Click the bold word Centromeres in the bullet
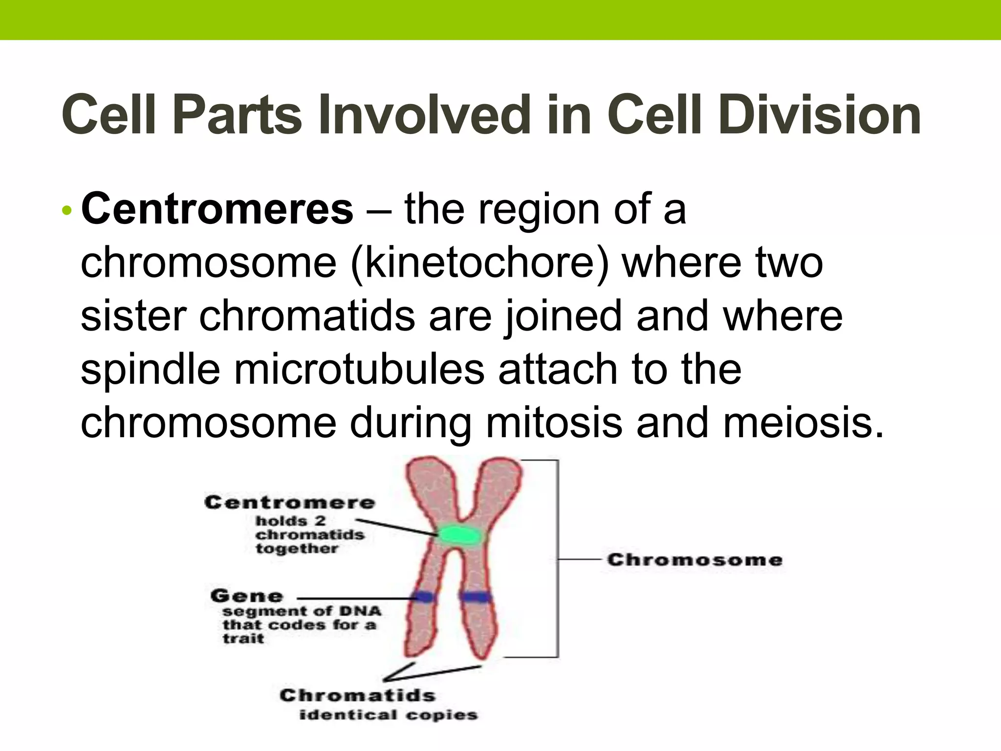pyautogui.click(x=217, y=209)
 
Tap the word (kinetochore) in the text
pyautogui.click(x=480, y=263)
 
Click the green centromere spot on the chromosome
pyautogui.click(x=458, y=536)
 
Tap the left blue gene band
pyautogui.click(x=423, y=596)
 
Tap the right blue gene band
pyautogui.click(x=475, y=596)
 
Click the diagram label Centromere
pyautogui.click(x=289, y=503)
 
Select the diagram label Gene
pyautogui.click(x=246, y=596)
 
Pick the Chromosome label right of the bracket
pyautogui.click(x=695, y=560)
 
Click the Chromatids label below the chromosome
pyautogui.click(x=357, y=695)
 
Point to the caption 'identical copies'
pyautogui.click(x=388, y=715)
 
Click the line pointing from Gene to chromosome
pyautogui.click(x=354, y=598)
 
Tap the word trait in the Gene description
pyautogui.click(x=243, y=639)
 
